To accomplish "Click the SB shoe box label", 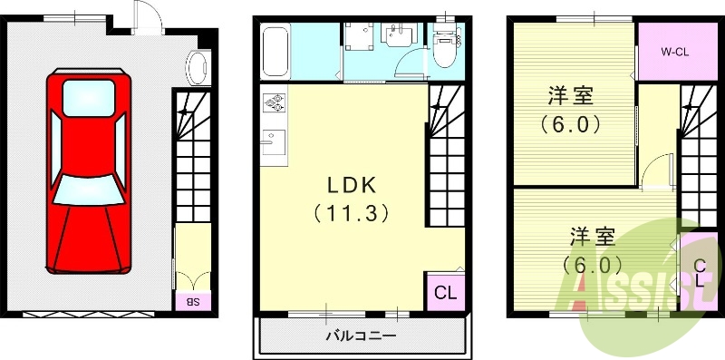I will pos(193,300).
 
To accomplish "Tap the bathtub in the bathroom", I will pos(275,53).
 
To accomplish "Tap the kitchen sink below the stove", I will pos(273,141).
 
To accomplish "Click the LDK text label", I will pos(351,185).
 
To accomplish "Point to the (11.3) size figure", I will pos(351,214).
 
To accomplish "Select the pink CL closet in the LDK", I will pos(443,292).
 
